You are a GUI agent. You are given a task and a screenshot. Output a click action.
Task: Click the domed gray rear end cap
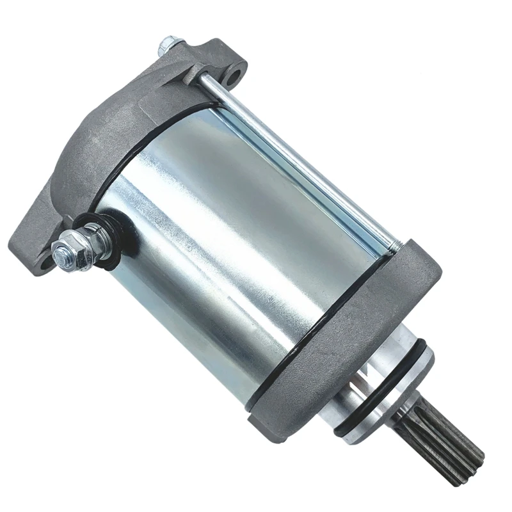point(109,147)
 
